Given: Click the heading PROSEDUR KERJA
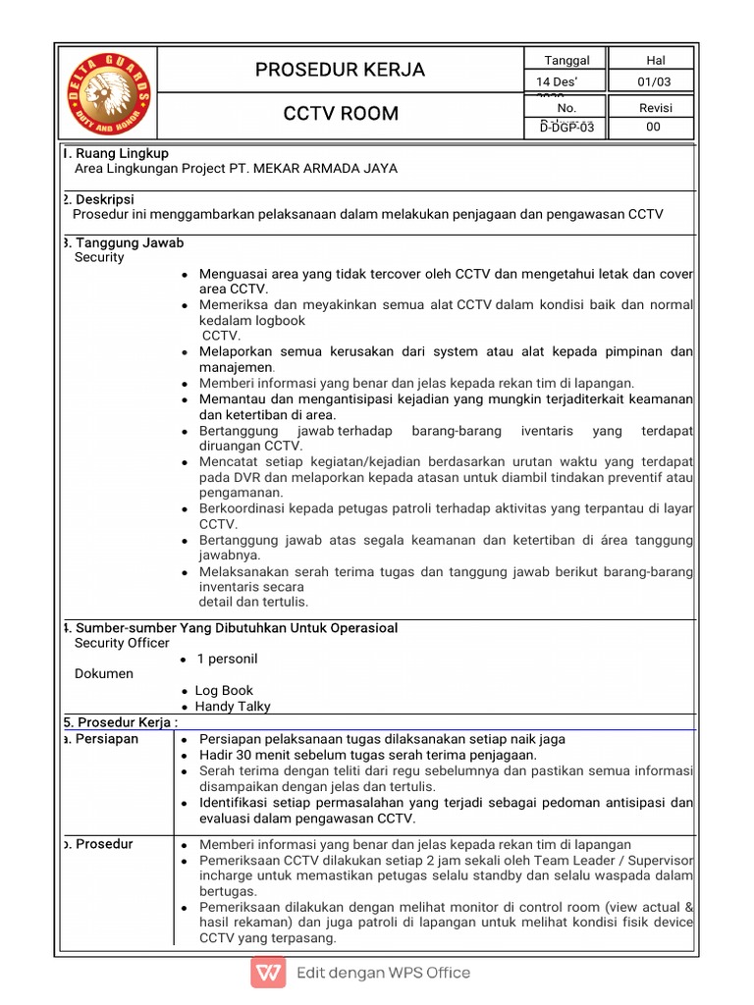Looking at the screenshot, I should pos(340,70).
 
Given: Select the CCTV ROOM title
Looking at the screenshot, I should pos(340,114).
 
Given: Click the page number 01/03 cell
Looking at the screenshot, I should pos(653,81).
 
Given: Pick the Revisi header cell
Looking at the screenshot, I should pos(653,107).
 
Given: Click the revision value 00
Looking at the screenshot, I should pos(653,128).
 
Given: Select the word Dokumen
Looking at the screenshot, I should pos(103,674).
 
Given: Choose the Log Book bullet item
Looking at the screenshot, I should pos(224,691).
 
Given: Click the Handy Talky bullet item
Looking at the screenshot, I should pos(233,707).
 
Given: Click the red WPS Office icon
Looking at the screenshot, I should pos(267,974).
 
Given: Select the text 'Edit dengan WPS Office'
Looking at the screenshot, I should pos(383,974).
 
